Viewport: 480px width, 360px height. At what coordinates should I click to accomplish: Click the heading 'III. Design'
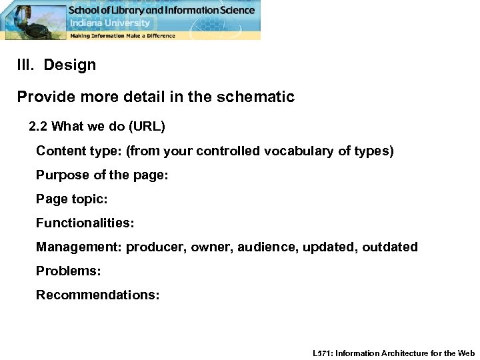[x=57, y=65]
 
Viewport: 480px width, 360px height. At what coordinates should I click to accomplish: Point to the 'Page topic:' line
[x=71, y=199]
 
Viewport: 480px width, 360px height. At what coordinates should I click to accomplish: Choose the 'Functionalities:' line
[x=83, y=223]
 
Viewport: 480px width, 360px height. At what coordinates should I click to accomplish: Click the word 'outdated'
[x=390, y=247]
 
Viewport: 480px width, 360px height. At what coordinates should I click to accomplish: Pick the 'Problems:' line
[x=68, y=271]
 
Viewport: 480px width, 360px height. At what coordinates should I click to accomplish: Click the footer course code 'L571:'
[x=323, y=353]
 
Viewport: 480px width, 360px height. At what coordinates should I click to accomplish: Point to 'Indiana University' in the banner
[x=102, y=23]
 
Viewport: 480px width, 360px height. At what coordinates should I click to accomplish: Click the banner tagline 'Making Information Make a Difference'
[x=123, y=35]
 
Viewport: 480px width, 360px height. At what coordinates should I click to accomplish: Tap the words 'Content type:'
[x=79, y=151]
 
